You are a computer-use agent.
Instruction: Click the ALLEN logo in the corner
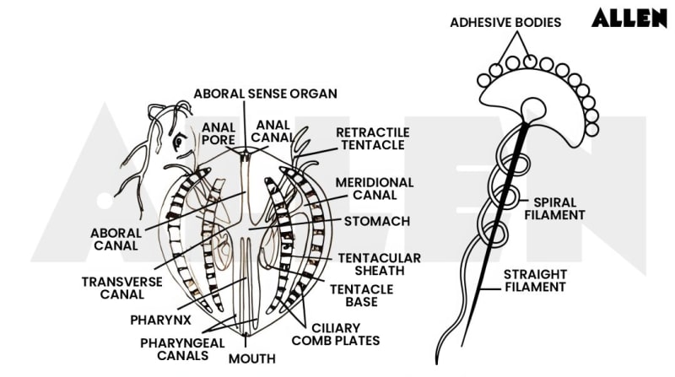point(629,19)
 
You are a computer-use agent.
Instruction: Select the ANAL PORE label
point(218,134)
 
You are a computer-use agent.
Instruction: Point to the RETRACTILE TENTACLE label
point(372,139)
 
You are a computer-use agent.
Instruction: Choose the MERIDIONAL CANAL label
point(374,188)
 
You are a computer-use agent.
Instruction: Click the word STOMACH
point(377,222)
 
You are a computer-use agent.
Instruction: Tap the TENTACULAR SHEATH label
point(379,264)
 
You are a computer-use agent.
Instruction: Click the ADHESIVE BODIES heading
point(505,23)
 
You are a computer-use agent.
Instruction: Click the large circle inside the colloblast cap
point(533,108)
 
